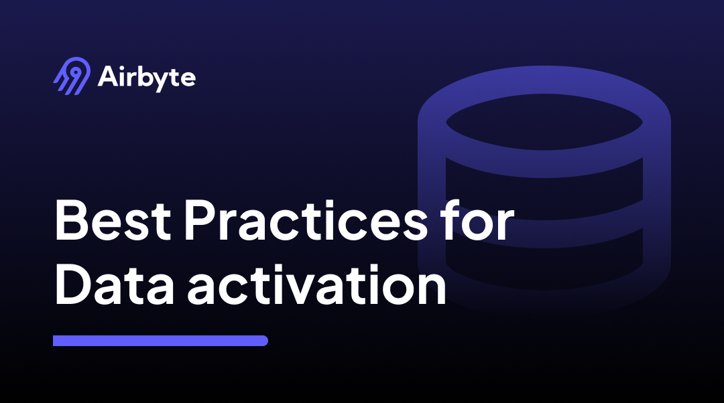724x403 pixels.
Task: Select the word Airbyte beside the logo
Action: coord(146,78)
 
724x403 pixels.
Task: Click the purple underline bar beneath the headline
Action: coord(160,341)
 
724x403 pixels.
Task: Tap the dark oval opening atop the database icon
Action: coord(544,123)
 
